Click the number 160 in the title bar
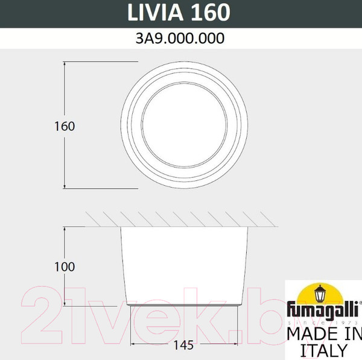coord(209,11)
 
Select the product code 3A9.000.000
coord(181,39)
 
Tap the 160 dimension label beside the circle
coord(64,127)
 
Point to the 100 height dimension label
coord(64,266)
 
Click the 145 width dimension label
coord(184,346)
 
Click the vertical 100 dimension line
coord(65,241)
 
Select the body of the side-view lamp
coord(184,265)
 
